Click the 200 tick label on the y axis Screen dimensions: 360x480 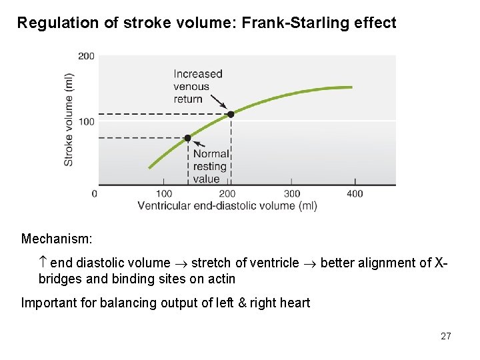point(87,56)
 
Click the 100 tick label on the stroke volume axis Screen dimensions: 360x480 point(87,121)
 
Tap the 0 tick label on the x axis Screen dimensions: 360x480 point(94,194)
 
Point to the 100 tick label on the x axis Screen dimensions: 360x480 point(163,194)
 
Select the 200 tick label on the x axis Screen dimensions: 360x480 point(227,194)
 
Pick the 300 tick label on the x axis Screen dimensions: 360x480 point(291,194)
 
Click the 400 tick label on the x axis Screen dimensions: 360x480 point(355,194)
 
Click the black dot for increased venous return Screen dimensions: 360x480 point(231,114)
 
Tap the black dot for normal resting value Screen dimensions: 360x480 point(187,138)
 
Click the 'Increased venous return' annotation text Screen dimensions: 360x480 point(198,87)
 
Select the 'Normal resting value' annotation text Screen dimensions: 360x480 point(211,166)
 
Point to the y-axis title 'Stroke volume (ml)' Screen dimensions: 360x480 point(69,120)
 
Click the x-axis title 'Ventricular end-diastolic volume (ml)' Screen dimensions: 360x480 point(227,206)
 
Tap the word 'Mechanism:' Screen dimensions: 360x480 point(57,239)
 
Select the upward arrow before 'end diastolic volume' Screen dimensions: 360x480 point(43,263)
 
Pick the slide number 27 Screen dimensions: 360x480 point(445,336)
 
